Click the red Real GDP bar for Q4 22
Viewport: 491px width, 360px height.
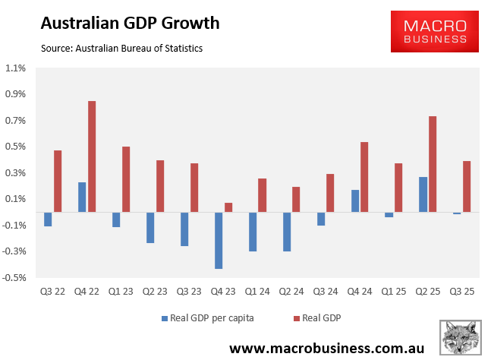(x=92, y=156)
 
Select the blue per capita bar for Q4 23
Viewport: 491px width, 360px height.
(x=219, y=240)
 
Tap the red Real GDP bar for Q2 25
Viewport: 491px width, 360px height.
(x=433, y=164)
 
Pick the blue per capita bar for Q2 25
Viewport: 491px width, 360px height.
(x=423, y=194)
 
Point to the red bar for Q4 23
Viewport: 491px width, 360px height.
(x=228, y=207)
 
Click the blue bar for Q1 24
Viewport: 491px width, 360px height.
(x=253, y=232)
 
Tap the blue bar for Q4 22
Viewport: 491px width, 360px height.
(x=82, y=197)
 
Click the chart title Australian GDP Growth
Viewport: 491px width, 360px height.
(x=130, y=23)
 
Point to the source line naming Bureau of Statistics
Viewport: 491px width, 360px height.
(x=122, y=49)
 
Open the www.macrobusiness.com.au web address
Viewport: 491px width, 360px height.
(x=332, y=348)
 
